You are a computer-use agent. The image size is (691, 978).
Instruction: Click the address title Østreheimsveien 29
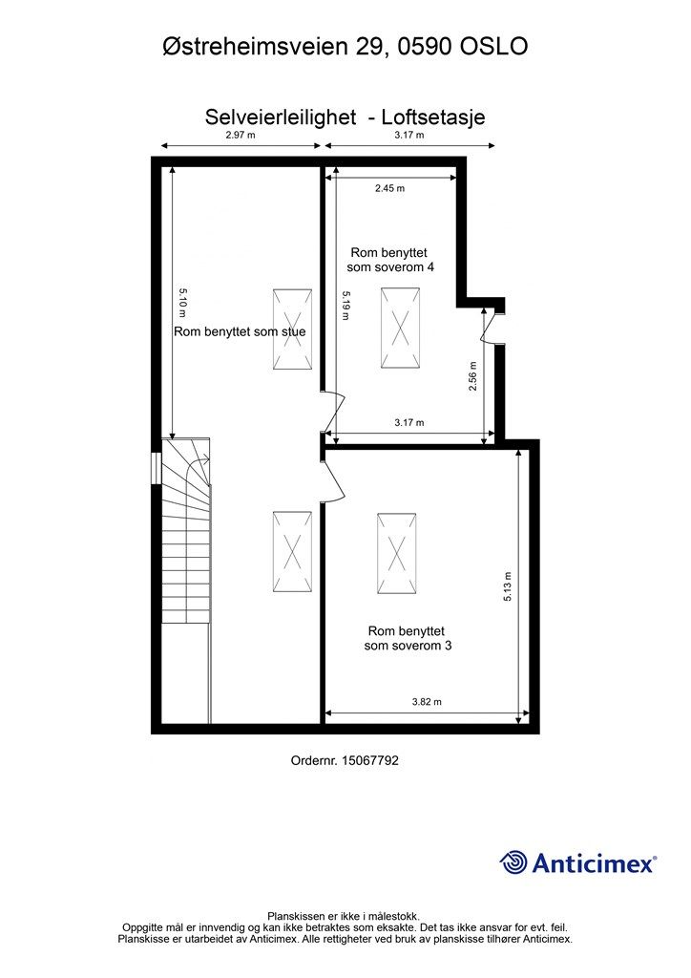tap(345, 46)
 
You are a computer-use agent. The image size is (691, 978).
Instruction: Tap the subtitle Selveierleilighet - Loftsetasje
tap(345, 117)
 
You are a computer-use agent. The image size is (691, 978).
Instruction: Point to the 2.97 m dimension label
tap(241, 136)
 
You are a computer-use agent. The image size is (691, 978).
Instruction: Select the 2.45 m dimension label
tap(389, 188)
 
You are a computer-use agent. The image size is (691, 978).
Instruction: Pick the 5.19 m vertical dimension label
tap(347, 307)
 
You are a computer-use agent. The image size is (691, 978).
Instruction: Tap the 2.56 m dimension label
tap(472, 376)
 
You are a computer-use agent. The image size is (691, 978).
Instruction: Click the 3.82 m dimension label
tap(427, 702)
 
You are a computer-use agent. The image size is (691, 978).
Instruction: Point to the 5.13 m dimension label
tap(508, 586)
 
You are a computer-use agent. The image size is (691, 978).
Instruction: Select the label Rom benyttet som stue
tap(240, 332)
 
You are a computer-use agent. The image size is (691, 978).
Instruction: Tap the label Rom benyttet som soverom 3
tap(408, 638)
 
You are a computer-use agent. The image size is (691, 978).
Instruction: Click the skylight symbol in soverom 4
tap(401, 328)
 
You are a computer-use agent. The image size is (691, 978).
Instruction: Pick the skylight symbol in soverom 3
tap(396, 554)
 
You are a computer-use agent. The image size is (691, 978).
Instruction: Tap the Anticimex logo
tap(578, 862)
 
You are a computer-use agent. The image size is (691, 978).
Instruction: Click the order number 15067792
tap(345, 760)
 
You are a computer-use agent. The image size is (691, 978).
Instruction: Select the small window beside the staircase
tap(156, 468)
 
